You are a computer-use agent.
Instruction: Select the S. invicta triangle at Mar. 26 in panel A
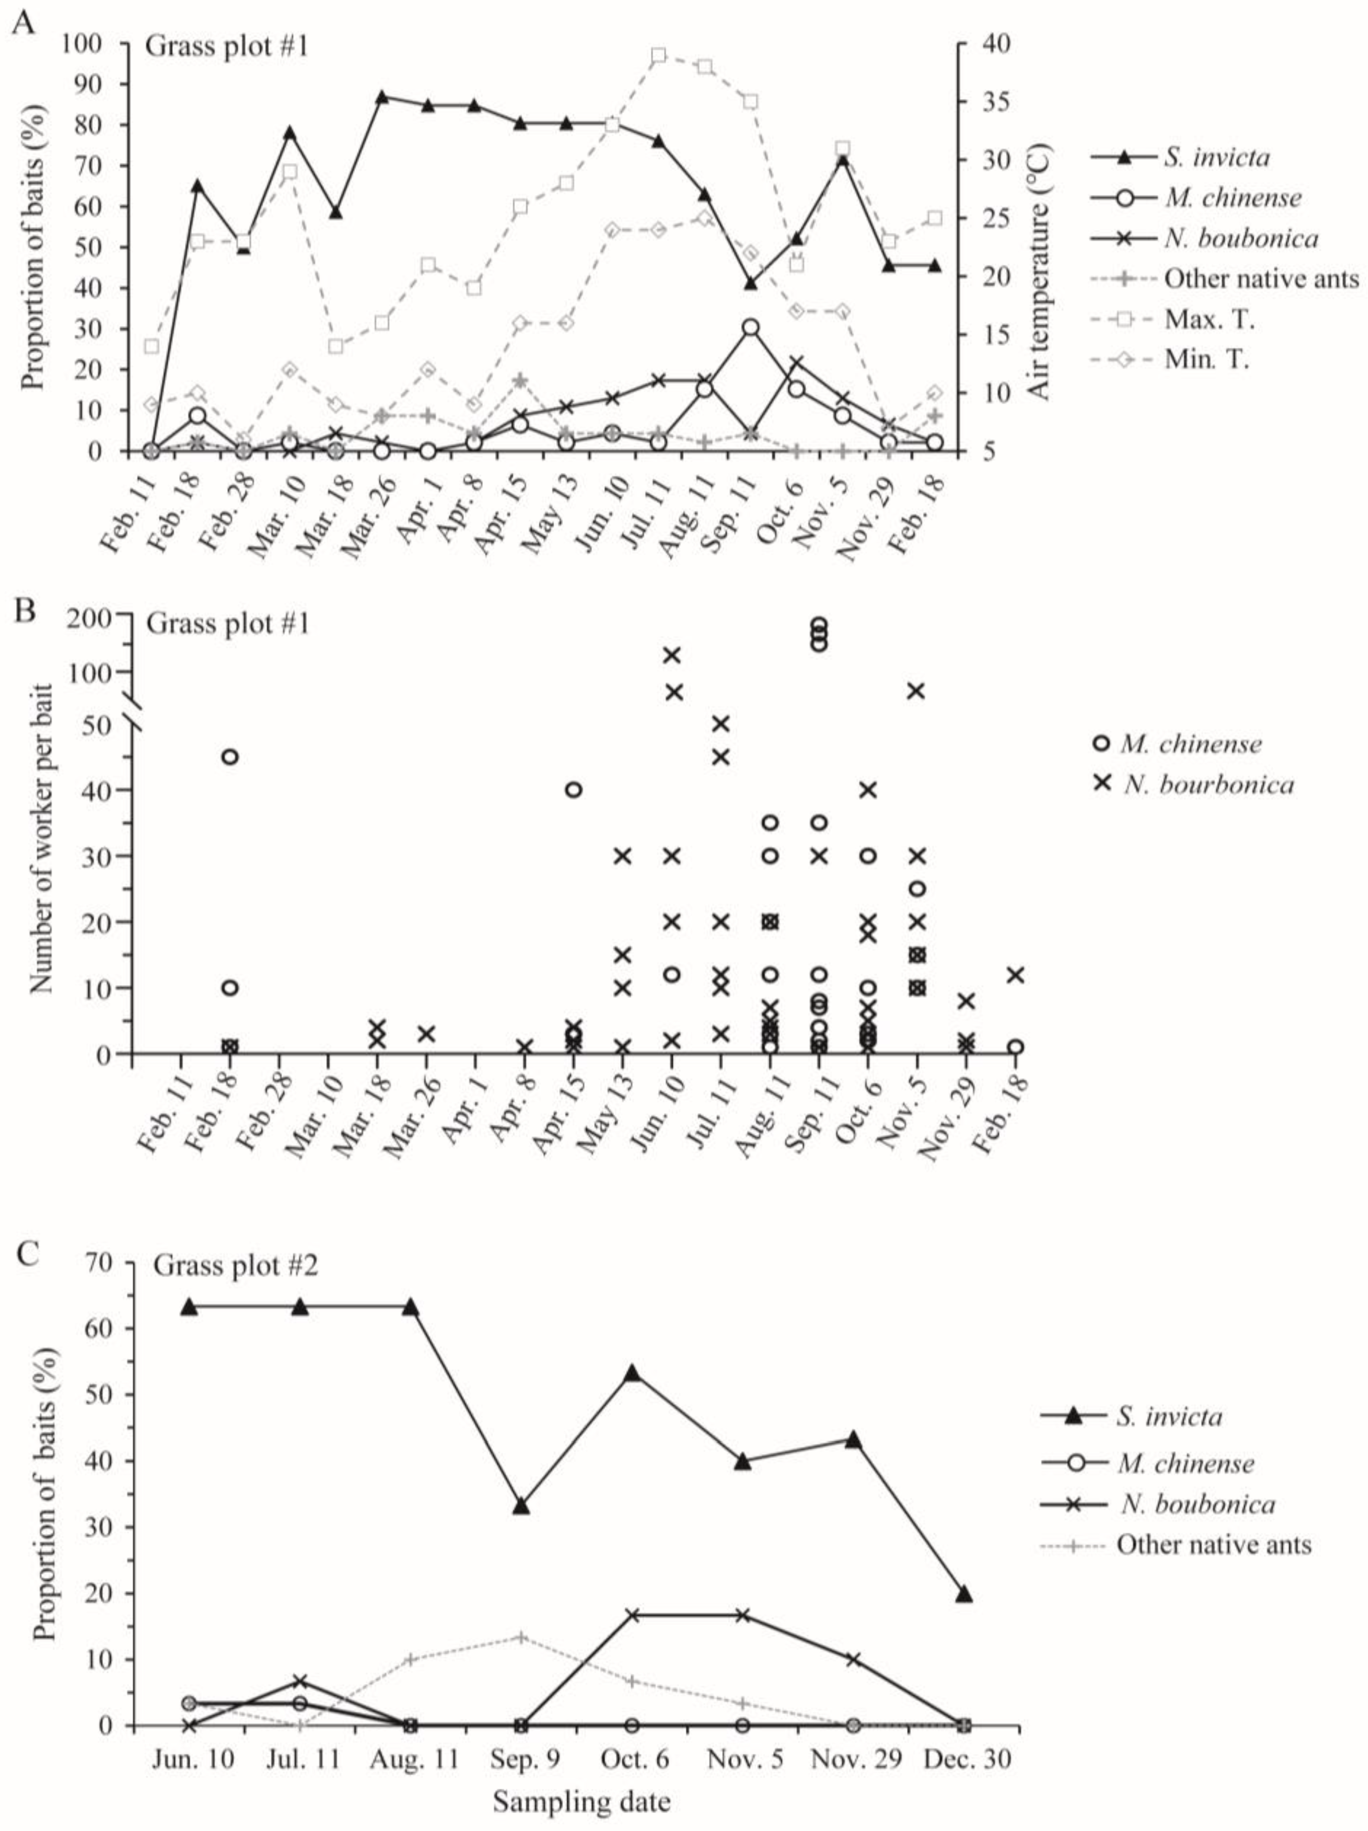coord(382,97)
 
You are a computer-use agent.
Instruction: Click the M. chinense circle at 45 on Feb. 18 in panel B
coord(230,756)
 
